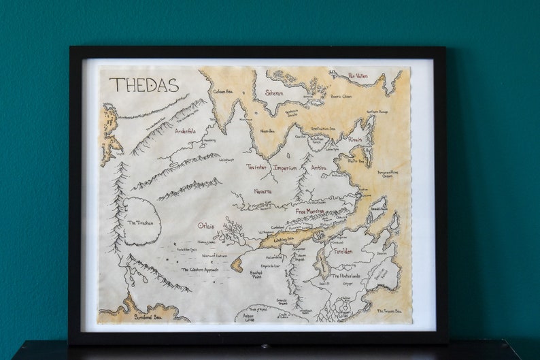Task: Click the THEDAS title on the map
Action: point(144,85)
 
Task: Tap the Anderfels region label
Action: point(186,131)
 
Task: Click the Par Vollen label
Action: point(358,76)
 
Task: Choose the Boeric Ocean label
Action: point(341,96)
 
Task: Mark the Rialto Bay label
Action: point(356,161)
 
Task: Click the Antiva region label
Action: point(319,167)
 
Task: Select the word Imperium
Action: point(285,167)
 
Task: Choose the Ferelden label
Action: point(343,251)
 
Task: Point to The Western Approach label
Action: point(203,269)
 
